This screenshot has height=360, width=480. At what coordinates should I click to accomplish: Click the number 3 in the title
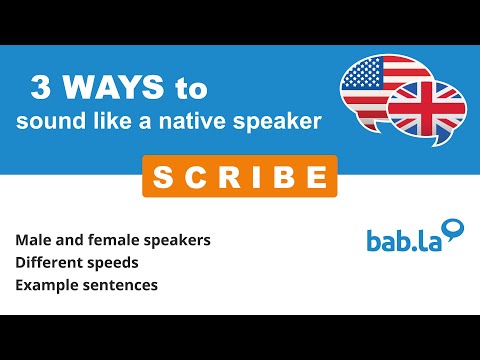click(42, 89)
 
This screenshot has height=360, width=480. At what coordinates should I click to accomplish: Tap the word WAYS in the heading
click(111, 89)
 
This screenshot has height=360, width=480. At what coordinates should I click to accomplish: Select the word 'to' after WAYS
click(189, 89)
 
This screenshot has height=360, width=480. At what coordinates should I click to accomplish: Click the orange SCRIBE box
click(239, 176)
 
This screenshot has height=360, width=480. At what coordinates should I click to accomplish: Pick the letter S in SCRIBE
click(163, 177)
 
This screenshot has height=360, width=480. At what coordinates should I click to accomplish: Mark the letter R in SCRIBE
click(217, 177)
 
